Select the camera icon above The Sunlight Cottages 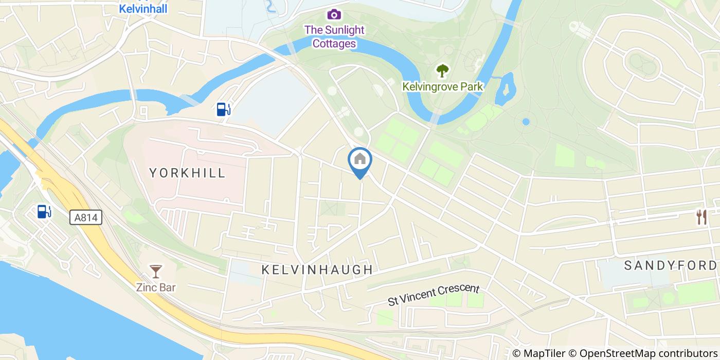click(x=334, y=14)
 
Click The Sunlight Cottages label click(x=334, y=37)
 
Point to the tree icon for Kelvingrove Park click(x=442, y=70)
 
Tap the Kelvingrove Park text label click(x=443, y=86)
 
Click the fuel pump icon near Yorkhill click(x=223, y=109)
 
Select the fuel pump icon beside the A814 click(x=44, y=211)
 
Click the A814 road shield click(x=86, y=219)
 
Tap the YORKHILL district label click(x=188, y=173)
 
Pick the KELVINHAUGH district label click(x=317, y=269)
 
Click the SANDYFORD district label click(x=670, y=265)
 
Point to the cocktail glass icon click(x=155, y=271)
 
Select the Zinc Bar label click(x=155, y=287)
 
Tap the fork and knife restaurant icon click(x=701, y=217)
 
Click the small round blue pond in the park click(x=526, y=122)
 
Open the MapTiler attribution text click(x=546, y=353)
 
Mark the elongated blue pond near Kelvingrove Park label click(x=506, y=89)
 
